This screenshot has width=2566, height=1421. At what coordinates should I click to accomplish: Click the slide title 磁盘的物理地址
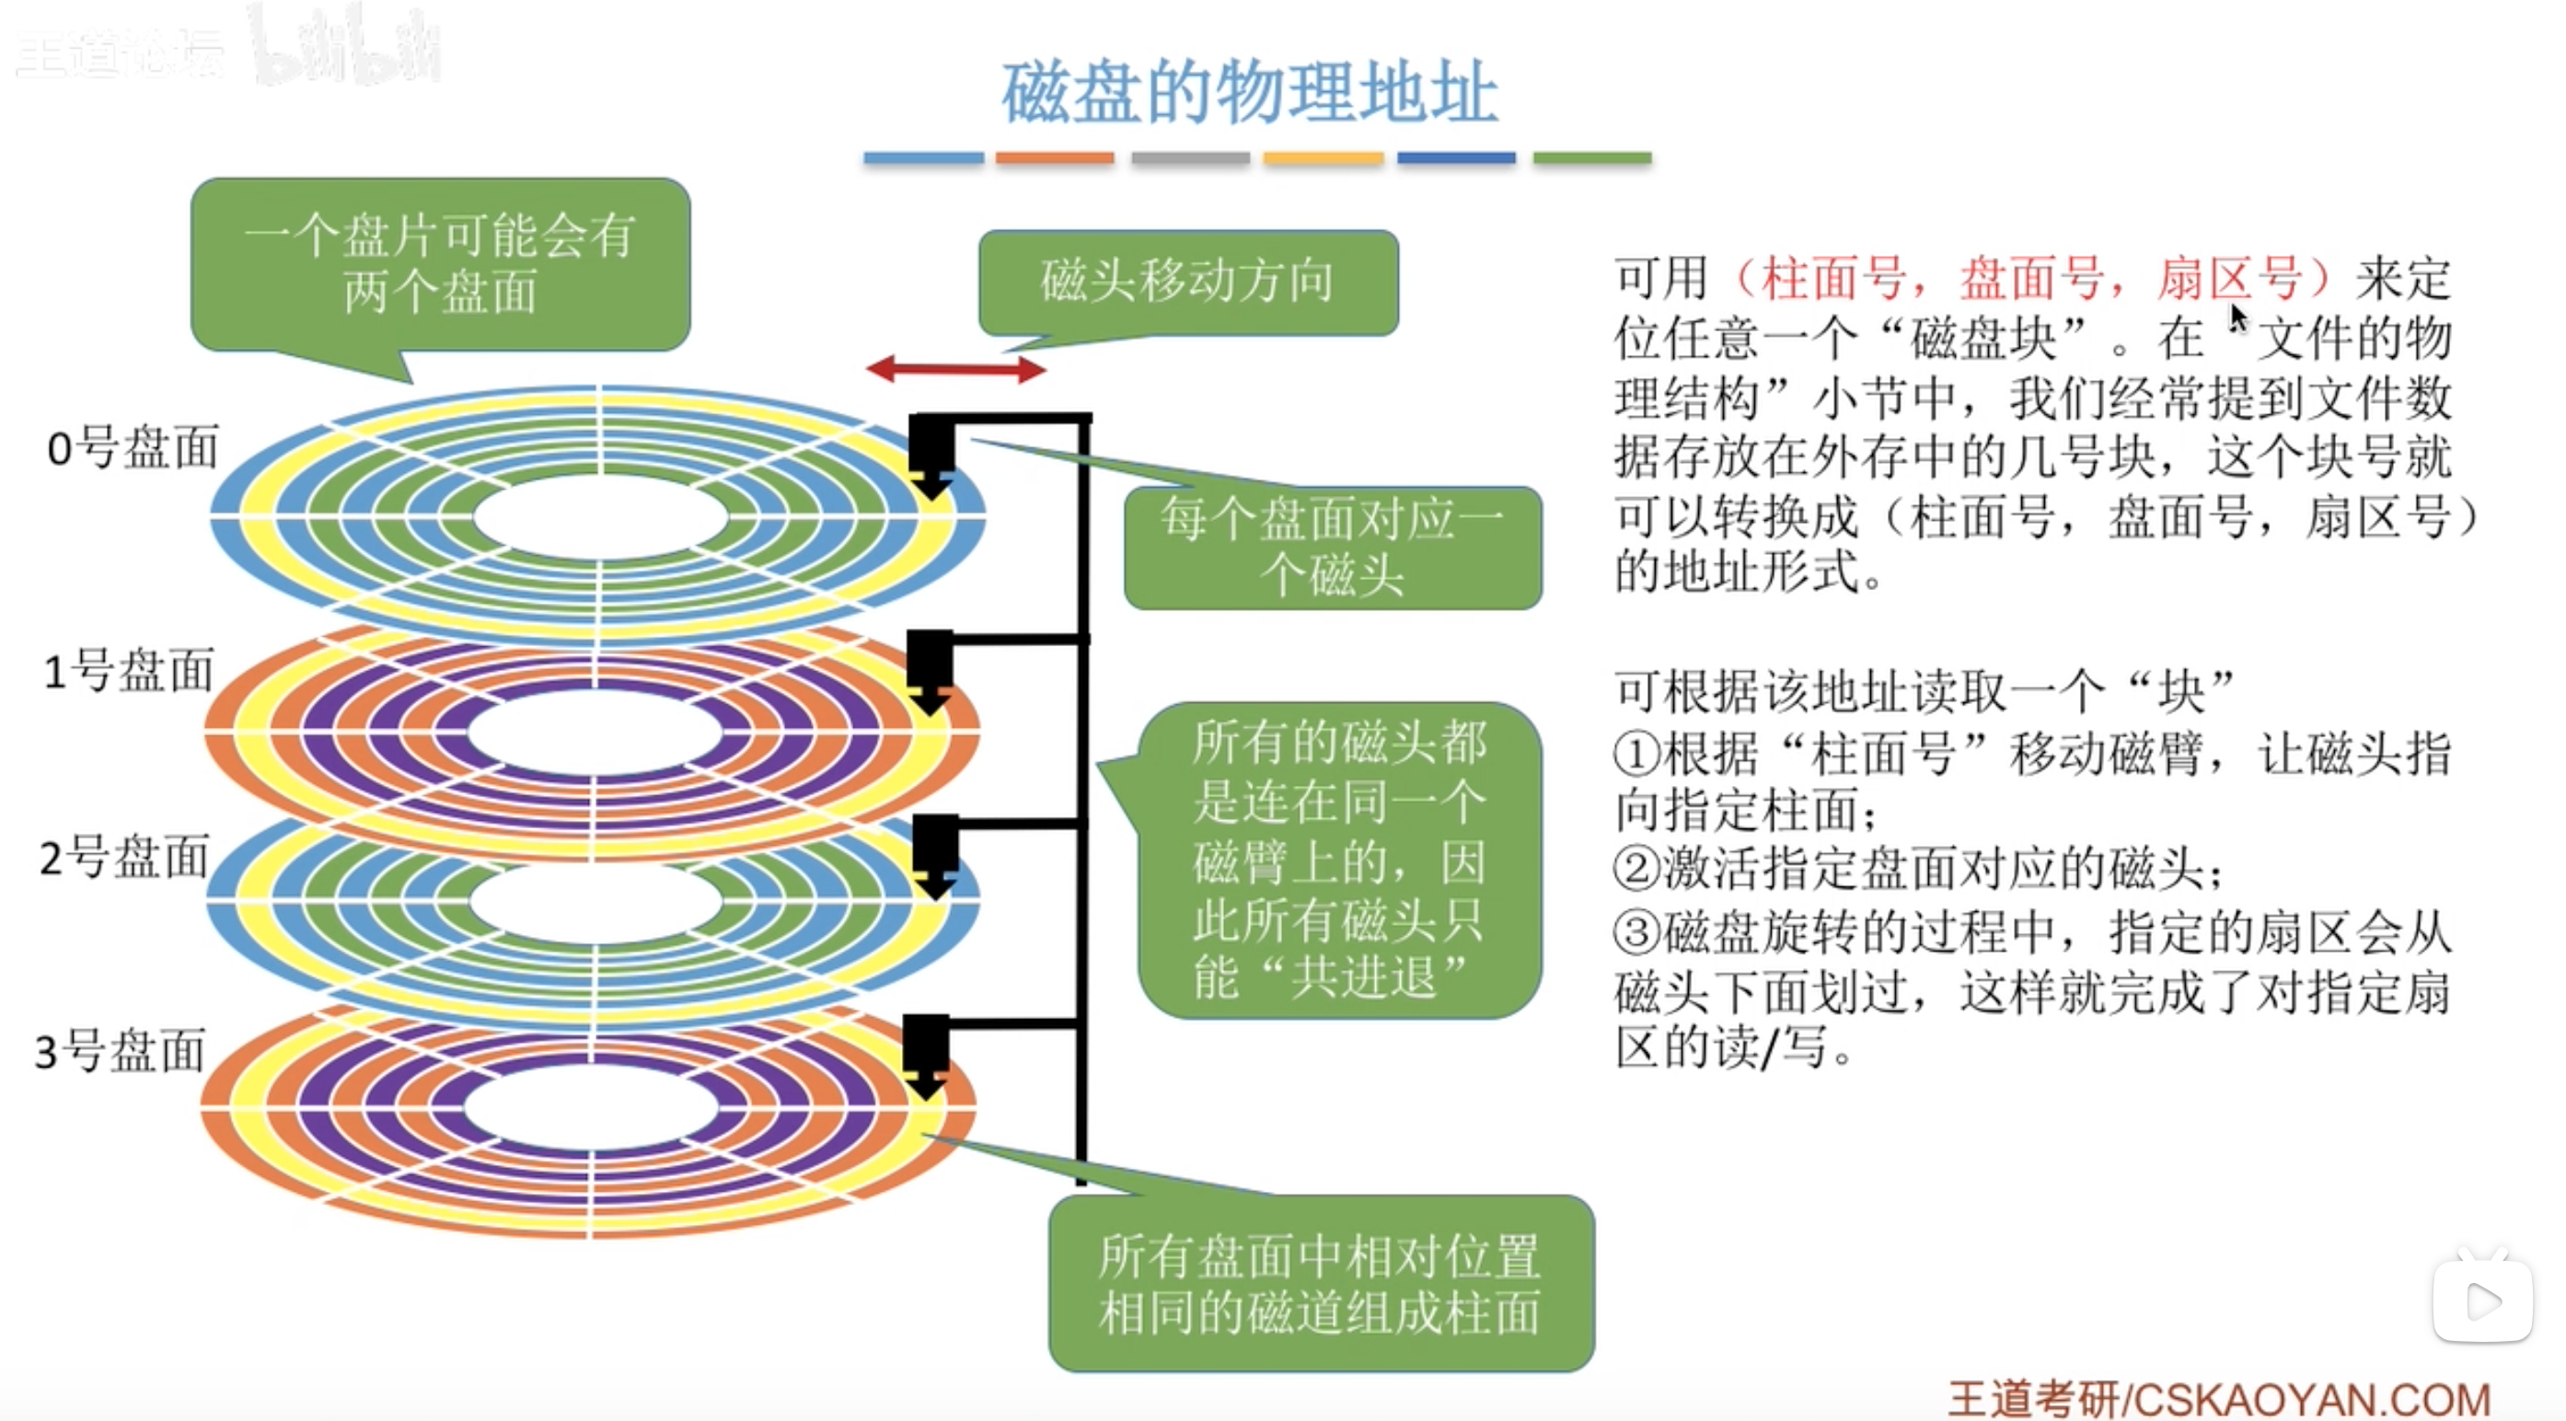pyautogui.click(x=1249, y=92)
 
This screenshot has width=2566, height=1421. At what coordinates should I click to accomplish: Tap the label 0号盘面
pyautogui.click(x=133, y=447)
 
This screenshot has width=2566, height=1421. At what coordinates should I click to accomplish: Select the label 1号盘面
pyautogui.click(x=129, y=670)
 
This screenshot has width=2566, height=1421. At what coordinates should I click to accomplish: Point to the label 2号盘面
pyautogui.click(x=124, y=858)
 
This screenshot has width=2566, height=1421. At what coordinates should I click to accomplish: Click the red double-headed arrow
pyautogui.click(x=955, y=369)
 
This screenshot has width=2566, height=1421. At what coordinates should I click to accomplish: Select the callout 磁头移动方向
pyautogui.click(x=1187, y=282)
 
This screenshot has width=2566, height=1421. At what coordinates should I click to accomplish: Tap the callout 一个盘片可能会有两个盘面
pyautogui.click(x=439, y=264)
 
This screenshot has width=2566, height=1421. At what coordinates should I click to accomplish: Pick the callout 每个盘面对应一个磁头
pyautogui.click(x=1332, y=548)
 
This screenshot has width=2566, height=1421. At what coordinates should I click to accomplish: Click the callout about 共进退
pyautogui.click(x=1339, y=861)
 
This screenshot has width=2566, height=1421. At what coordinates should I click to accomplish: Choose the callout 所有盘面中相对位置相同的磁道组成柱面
pyautogui.click(x=1320, y=1284)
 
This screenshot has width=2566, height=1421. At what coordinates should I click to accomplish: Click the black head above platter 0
pyautogui.click(x=931, y=453)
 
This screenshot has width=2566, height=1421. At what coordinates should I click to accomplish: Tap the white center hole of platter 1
pyautogui.click(x=595, y=734)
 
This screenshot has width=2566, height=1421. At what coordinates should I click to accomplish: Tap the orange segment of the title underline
pyautogui.click(x=1054, y=157)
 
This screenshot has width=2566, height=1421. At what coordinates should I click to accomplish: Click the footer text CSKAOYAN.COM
pyautogui.click(x=2311, y=1398)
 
